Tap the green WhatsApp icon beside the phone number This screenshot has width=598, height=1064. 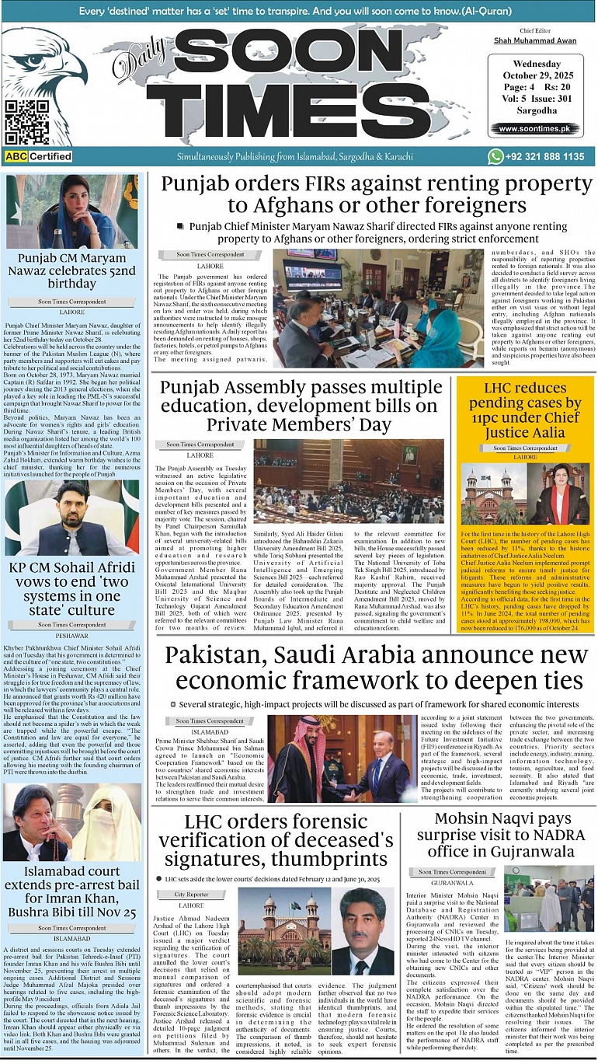click(x=495, y=156)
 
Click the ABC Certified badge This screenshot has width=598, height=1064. click(x=38, y=156)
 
